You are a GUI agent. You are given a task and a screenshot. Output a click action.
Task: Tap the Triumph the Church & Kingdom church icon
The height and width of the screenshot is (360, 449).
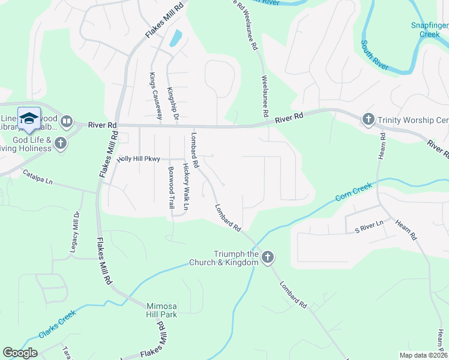pos(268,257)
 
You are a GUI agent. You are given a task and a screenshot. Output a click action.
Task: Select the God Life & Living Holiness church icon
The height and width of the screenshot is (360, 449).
pos(60,143)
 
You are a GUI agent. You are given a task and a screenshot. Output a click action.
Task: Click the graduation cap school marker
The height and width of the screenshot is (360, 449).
pos(29,118)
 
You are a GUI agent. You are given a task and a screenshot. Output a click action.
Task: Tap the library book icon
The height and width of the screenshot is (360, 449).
pos(66,122)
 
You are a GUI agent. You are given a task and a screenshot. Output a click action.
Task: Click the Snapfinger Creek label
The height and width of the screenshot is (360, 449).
pos(429,29)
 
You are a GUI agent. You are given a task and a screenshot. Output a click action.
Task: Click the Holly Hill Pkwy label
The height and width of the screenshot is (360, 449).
pos(139,158)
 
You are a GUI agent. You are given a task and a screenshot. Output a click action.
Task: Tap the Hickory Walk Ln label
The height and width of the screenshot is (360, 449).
pos(186,187)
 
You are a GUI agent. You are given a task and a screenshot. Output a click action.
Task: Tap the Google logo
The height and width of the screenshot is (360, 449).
pos(20,353)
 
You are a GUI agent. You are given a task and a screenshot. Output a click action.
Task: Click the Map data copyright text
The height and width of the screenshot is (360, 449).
pos(424,355)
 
